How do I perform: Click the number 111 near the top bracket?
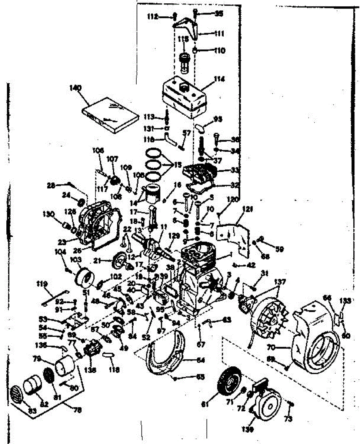click(x=219, y=33)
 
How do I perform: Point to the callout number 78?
click(x=77, y=410)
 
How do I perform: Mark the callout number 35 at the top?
click(x=219, y=14)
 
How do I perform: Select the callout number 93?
click(x=217, y=119)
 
